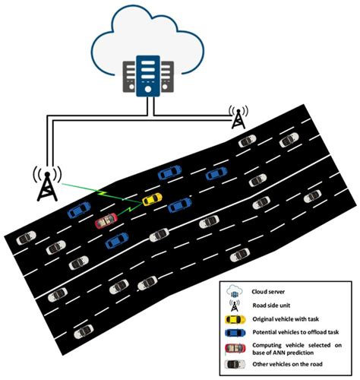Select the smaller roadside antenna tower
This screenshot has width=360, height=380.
pyautogui.click(x=238, y=116)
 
